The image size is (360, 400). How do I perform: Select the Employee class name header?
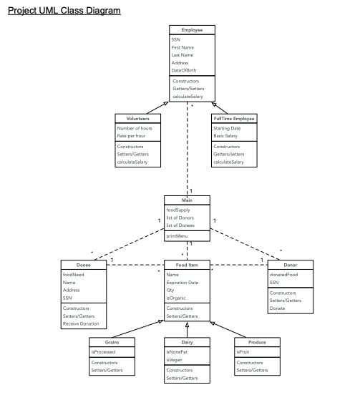[191, 30]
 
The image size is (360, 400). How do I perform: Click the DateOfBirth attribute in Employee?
[184, 70]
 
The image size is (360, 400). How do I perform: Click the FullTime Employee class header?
[234, 118]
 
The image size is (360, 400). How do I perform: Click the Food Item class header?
[187, 265]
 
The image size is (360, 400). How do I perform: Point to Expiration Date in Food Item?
[183, 283]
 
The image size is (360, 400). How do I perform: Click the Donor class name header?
[290, 265]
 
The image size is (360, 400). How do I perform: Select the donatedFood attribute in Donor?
[283, 275]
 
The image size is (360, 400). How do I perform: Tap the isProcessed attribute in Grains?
[104, 352]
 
